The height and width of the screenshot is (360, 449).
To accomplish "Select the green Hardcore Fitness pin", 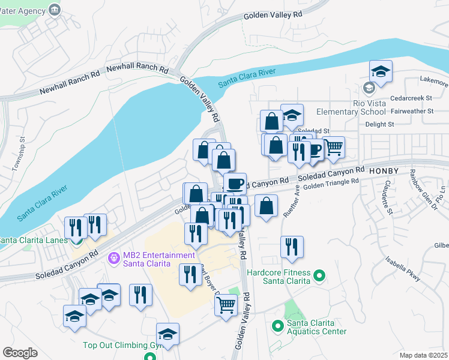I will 320,277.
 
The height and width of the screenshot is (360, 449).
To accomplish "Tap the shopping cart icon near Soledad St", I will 334,146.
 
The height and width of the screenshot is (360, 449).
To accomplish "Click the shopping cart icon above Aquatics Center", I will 226,304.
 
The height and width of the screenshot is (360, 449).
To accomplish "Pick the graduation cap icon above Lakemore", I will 381,71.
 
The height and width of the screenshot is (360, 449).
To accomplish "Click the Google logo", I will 20,352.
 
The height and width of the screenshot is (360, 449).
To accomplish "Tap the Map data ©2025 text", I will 424,355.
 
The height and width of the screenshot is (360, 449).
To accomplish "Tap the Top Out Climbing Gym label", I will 115,345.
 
